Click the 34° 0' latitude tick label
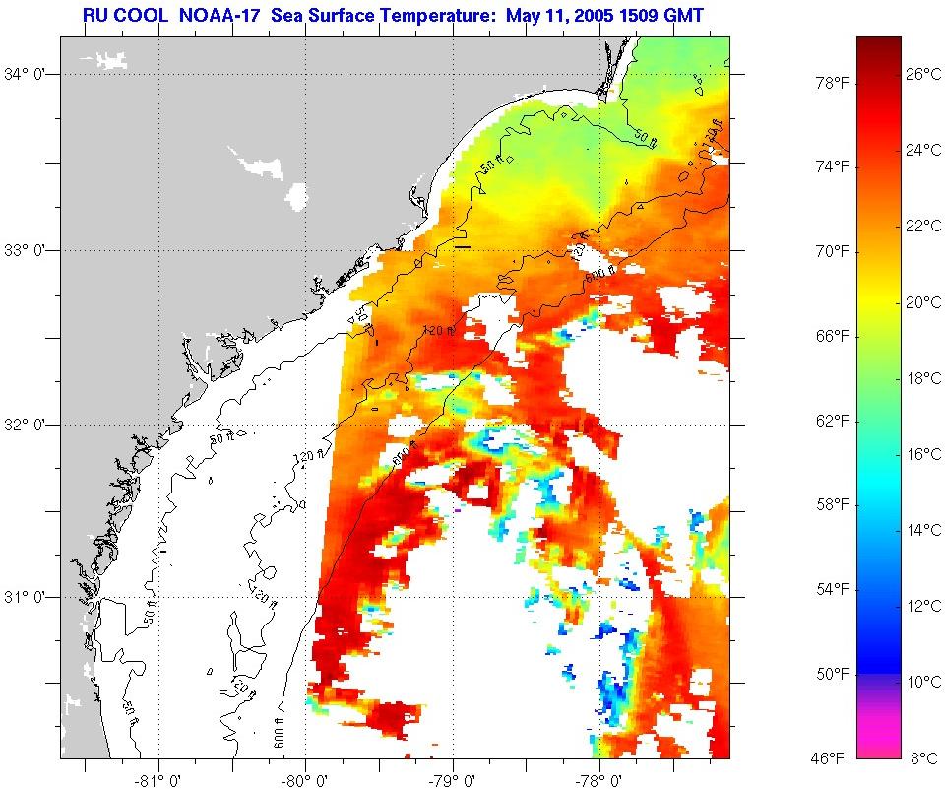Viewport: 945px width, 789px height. point(29,74)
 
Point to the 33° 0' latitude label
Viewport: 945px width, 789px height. point(29,250)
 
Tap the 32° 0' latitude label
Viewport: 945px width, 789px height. point(29,425)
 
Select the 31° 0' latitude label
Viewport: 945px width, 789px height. point(29,597)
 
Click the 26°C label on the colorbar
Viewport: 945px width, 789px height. point(923,74)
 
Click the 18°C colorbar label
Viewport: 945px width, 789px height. point(923,378)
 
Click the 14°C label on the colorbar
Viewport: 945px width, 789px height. point(923,530)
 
